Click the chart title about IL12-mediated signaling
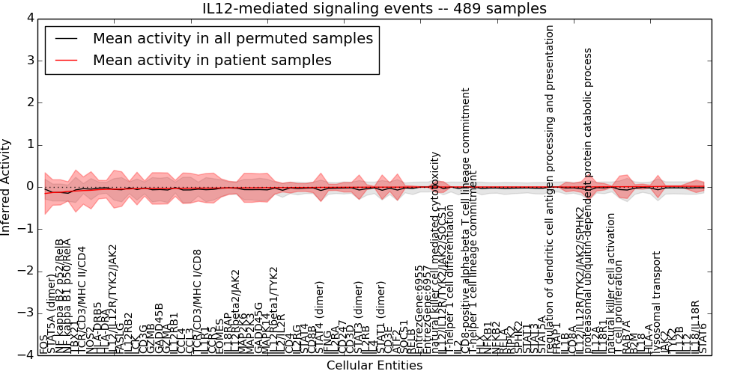pos(374,8)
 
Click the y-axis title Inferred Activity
pos(7,186)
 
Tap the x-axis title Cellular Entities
pos(374,366)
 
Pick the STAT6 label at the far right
pos(703,338)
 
